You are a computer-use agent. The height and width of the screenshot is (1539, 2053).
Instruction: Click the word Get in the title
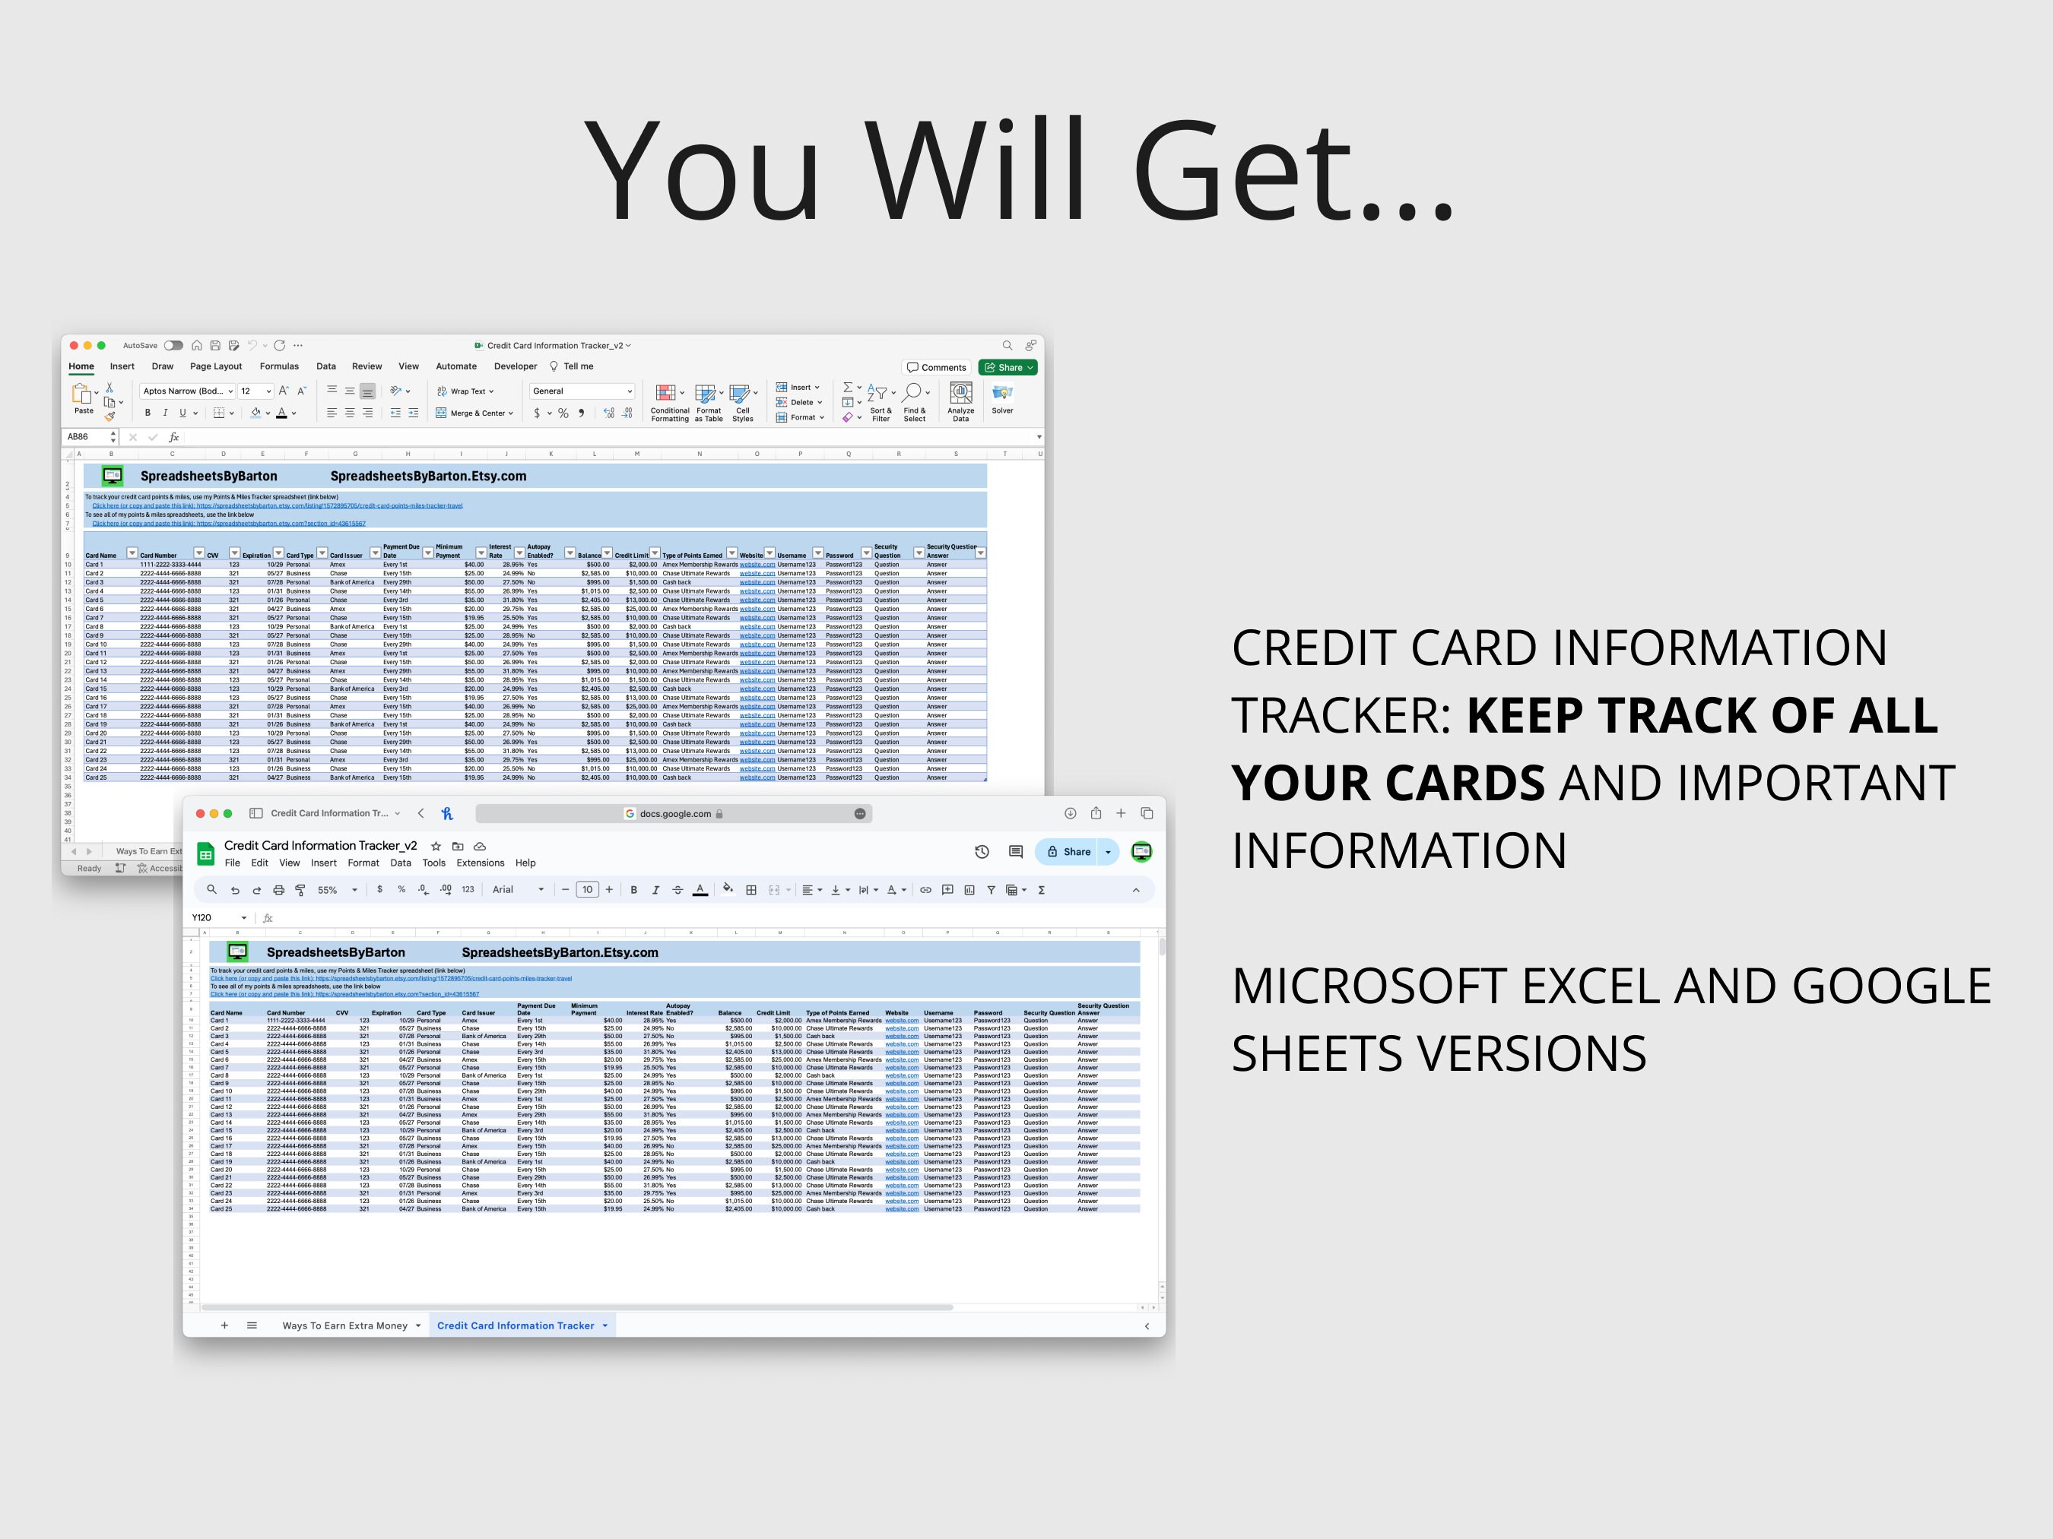pos(1290,172)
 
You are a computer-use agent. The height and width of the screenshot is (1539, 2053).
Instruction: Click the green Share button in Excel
pos(1007,367)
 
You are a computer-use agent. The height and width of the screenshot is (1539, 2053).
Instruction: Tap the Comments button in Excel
pos(937,367)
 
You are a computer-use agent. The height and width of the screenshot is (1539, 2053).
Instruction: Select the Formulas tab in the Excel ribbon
pos(279,366)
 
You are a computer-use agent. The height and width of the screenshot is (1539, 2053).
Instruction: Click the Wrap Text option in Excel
pos(466,391)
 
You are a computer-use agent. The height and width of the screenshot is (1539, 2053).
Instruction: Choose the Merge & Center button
pos(475,413)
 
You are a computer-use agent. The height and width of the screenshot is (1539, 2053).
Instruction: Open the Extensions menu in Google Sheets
pos(480,863)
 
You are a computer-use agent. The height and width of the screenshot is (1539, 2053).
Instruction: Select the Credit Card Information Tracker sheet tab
pos(516,1325)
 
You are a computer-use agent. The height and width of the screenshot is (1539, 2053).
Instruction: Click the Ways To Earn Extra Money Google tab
pos(345,1325)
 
